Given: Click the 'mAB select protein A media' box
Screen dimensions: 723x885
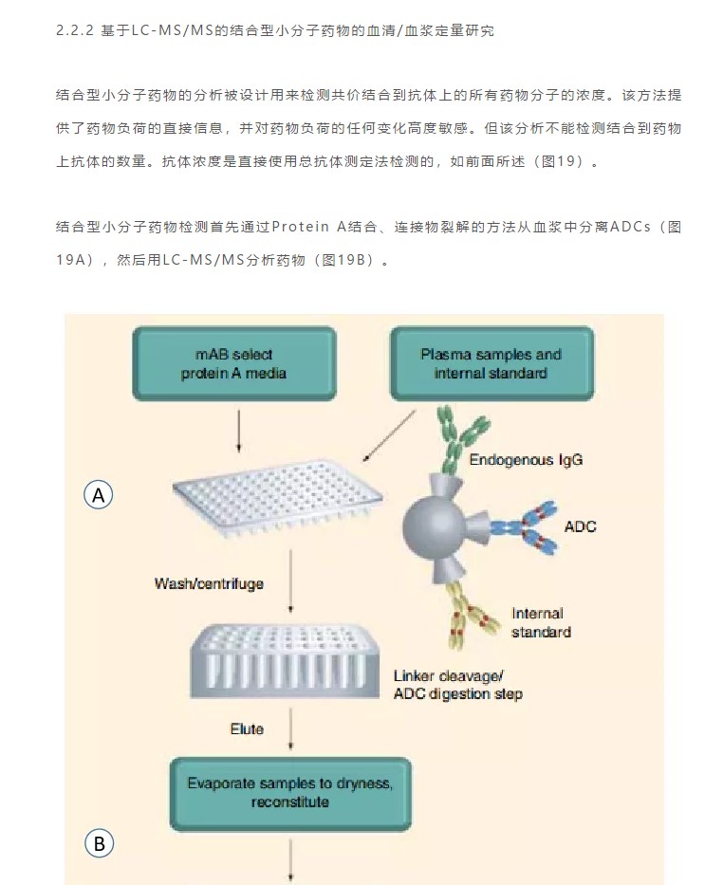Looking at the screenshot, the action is pyautogui.click(x=234, y=363).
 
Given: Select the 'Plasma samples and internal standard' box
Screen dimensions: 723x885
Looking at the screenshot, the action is pyautogui.click(x=491, y=363).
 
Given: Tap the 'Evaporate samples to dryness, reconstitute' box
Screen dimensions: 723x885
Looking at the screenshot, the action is pyautogui.click(x=290, y=794).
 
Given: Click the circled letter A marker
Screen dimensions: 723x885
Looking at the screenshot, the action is pyautogui.click(x=99, y=495).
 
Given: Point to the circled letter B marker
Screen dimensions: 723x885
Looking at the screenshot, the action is pyautogui.click(x=100, y=843).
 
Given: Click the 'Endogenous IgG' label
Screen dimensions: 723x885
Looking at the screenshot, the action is pyautogui.click(x=526, y=460).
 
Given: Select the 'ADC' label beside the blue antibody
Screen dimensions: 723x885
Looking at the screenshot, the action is pyautogui.click(x=581, y=526).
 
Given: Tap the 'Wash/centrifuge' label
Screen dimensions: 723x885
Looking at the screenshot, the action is pyautogui.click(x=209, y=583).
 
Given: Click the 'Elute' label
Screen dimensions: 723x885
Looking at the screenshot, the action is pyautogui.click(x=247, y=729).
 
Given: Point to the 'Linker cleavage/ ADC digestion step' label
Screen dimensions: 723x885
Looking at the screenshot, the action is pyautogui.click(x=457, y=685).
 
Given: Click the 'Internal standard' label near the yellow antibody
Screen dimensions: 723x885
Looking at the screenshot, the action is pyautogui.click(x=541, y=622).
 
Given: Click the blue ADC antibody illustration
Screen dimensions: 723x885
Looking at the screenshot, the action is pyautogui.click(x=524, y=527).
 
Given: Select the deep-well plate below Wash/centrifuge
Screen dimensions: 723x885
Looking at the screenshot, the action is pyautogui.click(x=285, y=661).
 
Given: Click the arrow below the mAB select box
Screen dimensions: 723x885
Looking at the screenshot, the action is pyautogui.click(x=239, y=432).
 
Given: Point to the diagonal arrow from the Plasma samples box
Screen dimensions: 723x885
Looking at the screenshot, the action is pyautogui.click(x=389, y=436).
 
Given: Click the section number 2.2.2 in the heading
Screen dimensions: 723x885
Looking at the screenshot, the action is pyautogui.click(x=75, y=30).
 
